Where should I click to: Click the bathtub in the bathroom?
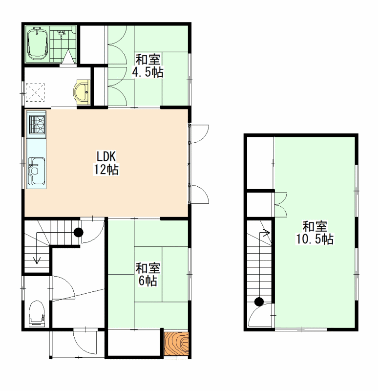(38, 44)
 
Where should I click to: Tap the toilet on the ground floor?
(37, 313)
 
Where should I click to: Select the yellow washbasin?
(82, 92)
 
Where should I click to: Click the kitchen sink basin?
(36, 171)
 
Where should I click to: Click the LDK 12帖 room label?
(106, 163)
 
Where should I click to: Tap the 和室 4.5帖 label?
(148, 65)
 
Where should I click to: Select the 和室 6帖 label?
(148, 274)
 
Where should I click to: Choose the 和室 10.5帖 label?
(315, 233)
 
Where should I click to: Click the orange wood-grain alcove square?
(176, 344)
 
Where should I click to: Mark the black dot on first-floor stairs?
(79, 233)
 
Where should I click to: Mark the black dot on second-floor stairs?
(259, 302)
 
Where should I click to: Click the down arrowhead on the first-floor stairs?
(37, 261)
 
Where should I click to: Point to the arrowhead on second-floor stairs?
(267, 233)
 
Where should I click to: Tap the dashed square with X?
(35, 92)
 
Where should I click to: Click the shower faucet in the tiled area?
(61, 33)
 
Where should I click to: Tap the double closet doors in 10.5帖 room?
(281, 204)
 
